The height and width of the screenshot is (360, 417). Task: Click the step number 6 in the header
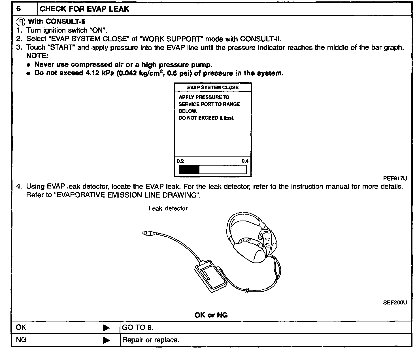(19, 9)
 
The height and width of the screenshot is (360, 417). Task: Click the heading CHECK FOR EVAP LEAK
(84, 9)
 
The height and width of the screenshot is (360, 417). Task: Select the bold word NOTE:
(37, 56)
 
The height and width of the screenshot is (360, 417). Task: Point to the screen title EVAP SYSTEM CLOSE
(213, 88)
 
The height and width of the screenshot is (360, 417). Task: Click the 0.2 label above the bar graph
(180, 161)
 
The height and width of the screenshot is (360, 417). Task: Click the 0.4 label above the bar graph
(245, 161)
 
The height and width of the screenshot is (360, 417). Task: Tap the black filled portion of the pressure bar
(189, 170)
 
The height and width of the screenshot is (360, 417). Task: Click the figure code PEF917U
(395, 179)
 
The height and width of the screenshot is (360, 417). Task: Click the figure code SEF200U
(395, 302)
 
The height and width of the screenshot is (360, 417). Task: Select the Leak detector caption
(168, 209)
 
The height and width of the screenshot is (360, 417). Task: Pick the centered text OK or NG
(211, 315)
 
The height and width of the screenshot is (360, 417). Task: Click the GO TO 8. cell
(138, 328)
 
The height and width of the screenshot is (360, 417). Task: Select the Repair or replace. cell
(151, 340)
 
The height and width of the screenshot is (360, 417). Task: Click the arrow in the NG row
(106, 340)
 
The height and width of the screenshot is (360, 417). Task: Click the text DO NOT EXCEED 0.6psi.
(206, 118)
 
